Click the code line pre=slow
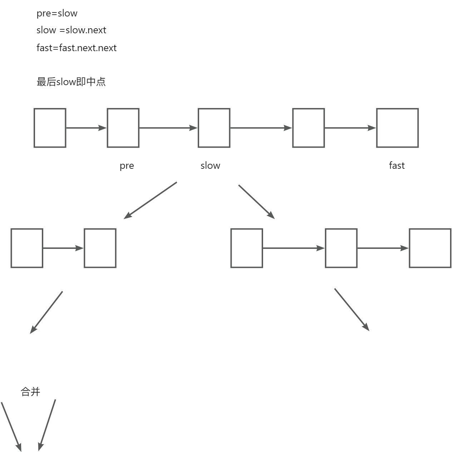[x=57, y=14]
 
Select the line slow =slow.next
[x=71, y=30]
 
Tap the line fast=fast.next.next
[x=77, y=48]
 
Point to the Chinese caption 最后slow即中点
[x=71, y=82]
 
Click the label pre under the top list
[x=127, y=166]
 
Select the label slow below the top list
[x=210, y=166]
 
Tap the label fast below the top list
[x=396, y=166]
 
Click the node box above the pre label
[x=123, y=128]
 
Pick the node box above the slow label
[x=214, y=128]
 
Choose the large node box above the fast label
[x=397, y=128]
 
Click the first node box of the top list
[x=50, y=128]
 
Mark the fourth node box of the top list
[x=308, y=128]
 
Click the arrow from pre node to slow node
[x=168, y=128]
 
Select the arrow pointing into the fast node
[x=350, y=128]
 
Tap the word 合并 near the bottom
[x=30, y=392]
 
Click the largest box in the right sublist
[x=430, y=248]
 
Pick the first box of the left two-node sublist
[x=27, y=248]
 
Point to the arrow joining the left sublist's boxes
[x=63, y=248]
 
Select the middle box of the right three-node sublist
[x=341, y=248]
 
